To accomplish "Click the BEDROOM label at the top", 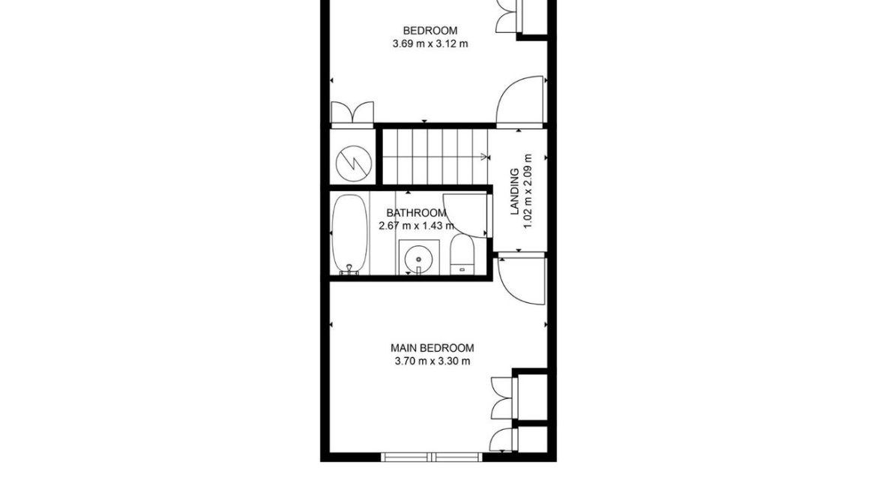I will point(430,31).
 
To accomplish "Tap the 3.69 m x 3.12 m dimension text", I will point(430,43).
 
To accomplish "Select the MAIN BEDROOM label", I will point(433,348).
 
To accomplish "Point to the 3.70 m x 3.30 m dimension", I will point(433,361).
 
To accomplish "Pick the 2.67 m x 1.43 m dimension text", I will point(417,225).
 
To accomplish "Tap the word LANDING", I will point(515,192).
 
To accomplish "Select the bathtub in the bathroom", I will point(349,235).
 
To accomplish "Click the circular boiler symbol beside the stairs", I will point(352,163).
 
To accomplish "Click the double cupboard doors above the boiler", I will point(352,112).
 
